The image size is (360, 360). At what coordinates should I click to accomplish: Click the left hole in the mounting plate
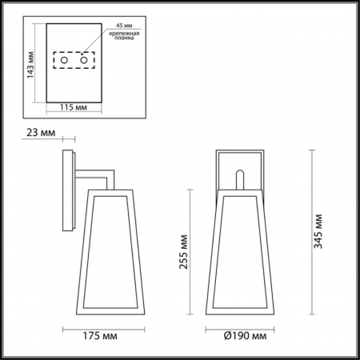[x=65, y=61]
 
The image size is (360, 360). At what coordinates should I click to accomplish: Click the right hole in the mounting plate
[x=83, y=61]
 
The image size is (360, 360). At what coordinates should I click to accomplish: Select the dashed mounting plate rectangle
[x=74, y=53]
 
